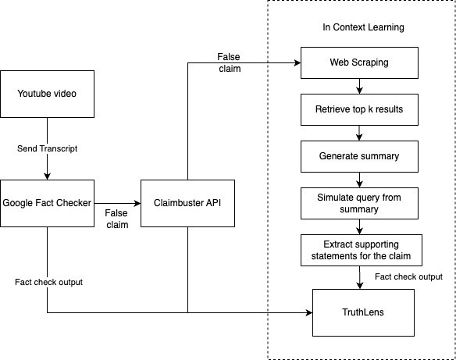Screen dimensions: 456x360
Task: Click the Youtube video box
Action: click(47, 94)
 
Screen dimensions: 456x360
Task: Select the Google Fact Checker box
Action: click(47, 203)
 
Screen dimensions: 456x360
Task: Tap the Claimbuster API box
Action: click(187, 203)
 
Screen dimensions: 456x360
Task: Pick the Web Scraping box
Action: click(359, 62)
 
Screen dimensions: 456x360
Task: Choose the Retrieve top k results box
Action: click(359, 109)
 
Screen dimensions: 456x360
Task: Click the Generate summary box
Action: click(359, 156)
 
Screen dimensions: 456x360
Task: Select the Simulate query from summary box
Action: click(359, 203)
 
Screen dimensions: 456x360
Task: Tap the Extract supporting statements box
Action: click(362, 250)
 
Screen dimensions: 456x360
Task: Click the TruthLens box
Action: click(363, 312)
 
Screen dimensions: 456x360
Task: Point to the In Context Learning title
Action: click(363, 27)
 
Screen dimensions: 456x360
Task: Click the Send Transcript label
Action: click(47, 148)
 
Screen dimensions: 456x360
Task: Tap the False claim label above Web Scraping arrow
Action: click(229, 62)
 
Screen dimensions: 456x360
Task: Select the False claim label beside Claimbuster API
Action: click(116, 219)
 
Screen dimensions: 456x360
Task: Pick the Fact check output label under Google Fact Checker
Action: click(49, 282)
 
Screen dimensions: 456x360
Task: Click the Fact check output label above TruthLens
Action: click(408, 277)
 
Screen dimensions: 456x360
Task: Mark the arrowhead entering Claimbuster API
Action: click(137, 203)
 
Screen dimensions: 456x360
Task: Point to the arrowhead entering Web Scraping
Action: click(297, 62)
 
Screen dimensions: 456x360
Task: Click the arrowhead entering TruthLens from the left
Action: click(309, 312)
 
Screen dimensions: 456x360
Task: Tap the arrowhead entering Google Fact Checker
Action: click(47, 176)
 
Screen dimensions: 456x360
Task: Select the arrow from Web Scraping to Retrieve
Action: click(359, 86)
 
